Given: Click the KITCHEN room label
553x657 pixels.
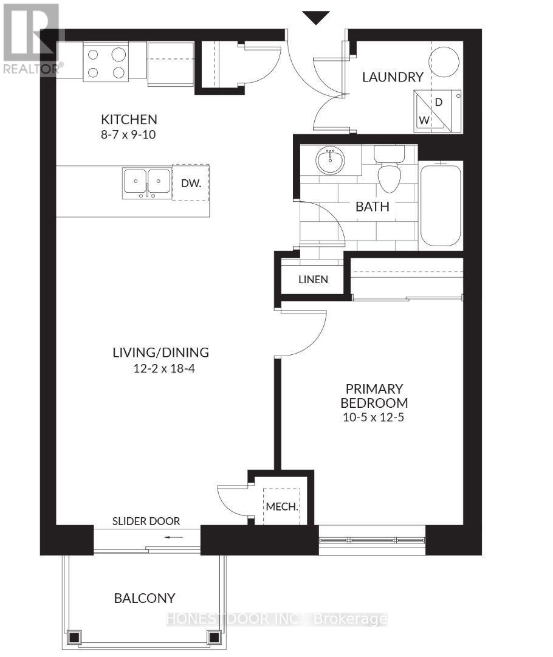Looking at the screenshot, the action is point(129,119).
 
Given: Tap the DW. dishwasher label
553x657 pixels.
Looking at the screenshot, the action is point(191,183).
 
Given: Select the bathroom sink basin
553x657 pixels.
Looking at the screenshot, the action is point(331,160).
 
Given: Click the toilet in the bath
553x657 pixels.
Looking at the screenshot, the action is point(389,169).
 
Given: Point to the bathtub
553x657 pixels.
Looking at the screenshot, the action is point(441,205).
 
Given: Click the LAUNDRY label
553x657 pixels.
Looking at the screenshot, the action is point(393,77).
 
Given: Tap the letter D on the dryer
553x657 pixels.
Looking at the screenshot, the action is point(439,102).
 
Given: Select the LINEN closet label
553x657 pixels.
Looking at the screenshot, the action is point(313,280).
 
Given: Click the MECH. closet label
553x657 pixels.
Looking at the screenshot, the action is point(282,507).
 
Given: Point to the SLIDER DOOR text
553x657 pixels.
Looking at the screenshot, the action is point(146,521).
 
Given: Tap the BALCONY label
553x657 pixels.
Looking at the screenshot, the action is point(145,598).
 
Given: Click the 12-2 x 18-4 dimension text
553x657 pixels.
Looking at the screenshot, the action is point(164,369).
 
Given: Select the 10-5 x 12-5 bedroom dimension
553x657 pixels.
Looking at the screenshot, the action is point(373,418).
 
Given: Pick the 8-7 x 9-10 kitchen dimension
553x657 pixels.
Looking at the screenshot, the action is point(128,134).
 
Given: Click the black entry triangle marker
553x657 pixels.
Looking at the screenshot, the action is point(316,18).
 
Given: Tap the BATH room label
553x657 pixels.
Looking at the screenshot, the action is point(372,207).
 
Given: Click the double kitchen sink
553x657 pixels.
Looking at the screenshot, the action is point(147,183).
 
